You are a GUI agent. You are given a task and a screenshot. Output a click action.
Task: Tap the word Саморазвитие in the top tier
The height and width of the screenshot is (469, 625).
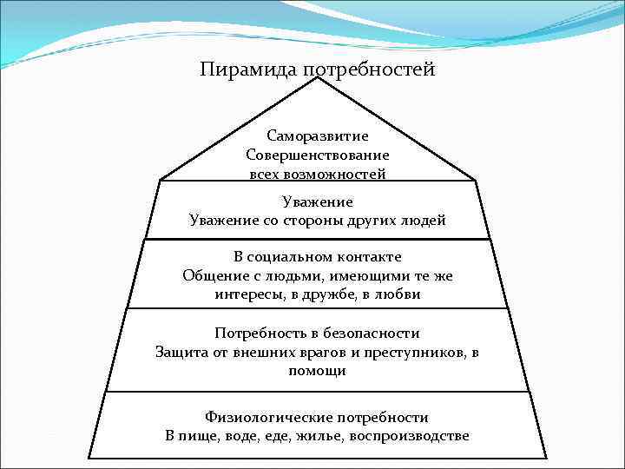[318, 136]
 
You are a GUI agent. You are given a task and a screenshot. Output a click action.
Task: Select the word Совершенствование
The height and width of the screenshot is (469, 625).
[318, 155]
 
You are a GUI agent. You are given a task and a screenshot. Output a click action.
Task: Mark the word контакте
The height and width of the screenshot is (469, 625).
[373, 258]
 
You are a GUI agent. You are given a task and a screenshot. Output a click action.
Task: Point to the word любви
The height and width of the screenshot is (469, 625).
[398, 294]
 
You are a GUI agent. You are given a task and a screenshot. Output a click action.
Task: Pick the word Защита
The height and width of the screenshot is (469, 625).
[182, 352]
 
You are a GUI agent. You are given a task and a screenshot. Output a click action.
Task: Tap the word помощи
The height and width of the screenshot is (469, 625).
[317, 371]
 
